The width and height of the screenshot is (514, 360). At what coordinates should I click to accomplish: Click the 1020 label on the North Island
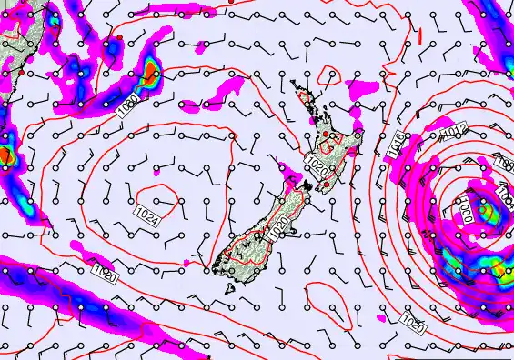pyautogui.click(x=317, y=165)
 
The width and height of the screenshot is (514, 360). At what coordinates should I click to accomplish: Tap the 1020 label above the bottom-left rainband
pyautogui.click(x=105, y=271)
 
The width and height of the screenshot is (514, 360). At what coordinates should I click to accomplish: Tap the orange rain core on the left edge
pyautogui.click(x=5, y=155)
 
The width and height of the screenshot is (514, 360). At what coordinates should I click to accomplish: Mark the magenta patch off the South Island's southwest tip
pyautogui.click(x=188, y=263)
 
